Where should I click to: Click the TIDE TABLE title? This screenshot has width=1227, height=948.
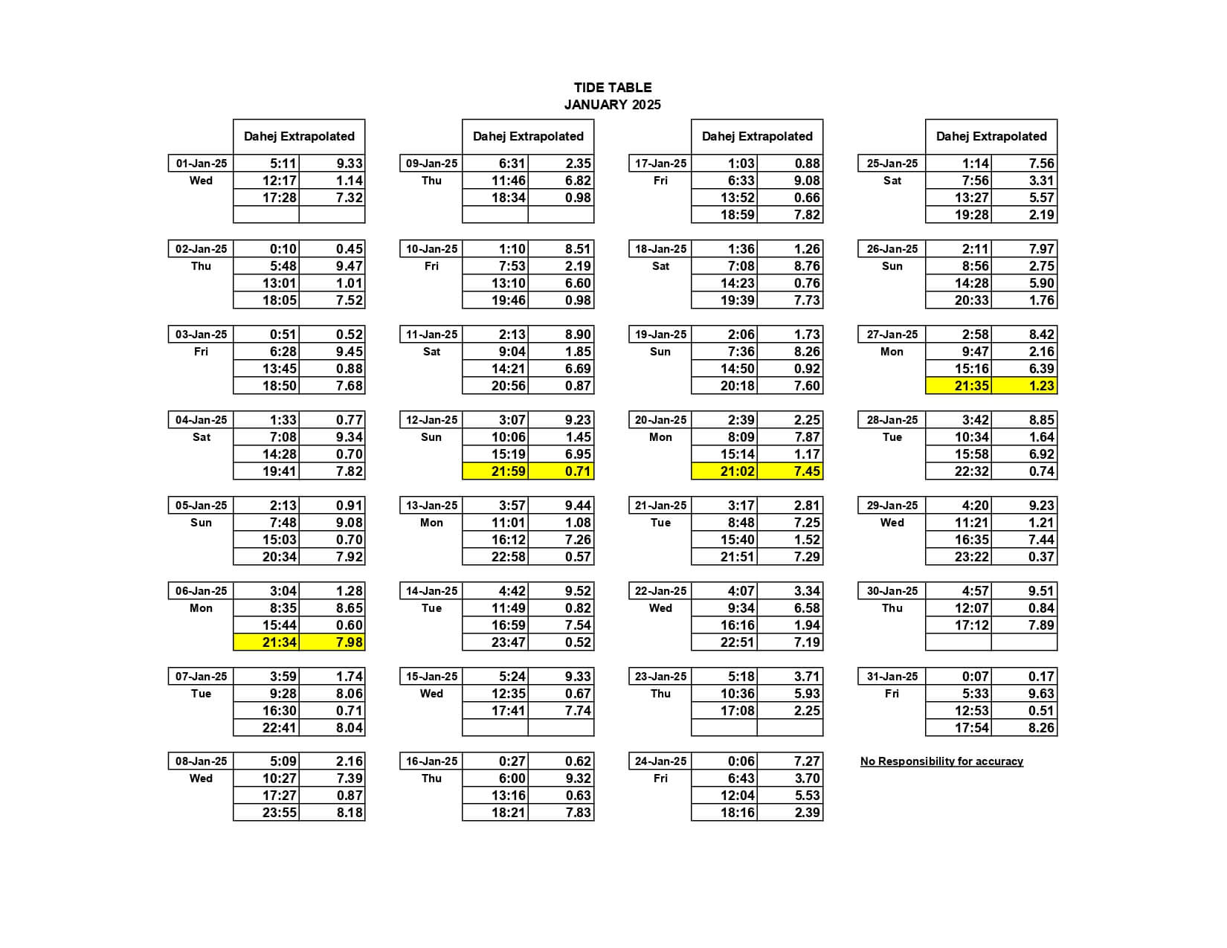click(612, 88)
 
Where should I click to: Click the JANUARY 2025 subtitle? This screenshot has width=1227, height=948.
click(612, 105)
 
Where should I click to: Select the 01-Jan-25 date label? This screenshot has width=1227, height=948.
click(201, 164)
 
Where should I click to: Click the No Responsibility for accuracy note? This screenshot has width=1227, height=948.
click(941, 761)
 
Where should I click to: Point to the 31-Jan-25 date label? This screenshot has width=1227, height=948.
click(892, 677)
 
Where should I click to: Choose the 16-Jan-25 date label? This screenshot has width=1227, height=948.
click(431, 761)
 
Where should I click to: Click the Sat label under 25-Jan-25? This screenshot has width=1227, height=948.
click(892, 181)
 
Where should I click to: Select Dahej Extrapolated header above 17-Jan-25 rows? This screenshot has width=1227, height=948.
click(757, 137)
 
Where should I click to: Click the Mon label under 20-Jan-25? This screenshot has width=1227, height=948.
click(660, 437)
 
